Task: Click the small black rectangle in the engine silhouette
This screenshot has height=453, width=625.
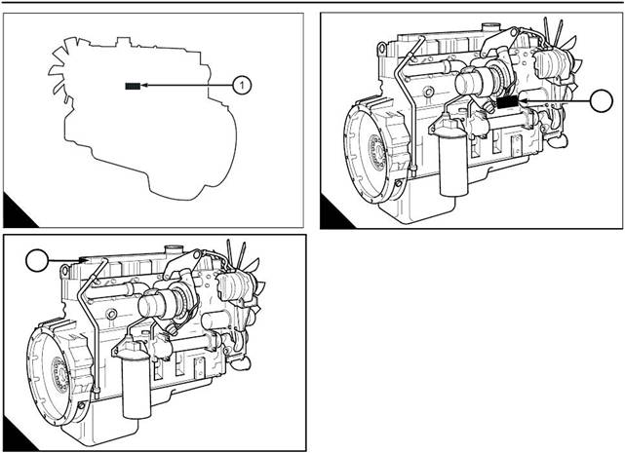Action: pos(133,87)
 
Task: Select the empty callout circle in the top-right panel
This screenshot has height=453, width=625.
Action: pos(604,99)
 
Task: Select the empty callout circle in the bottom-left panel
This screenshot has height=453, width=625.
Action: pos(37,260)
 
